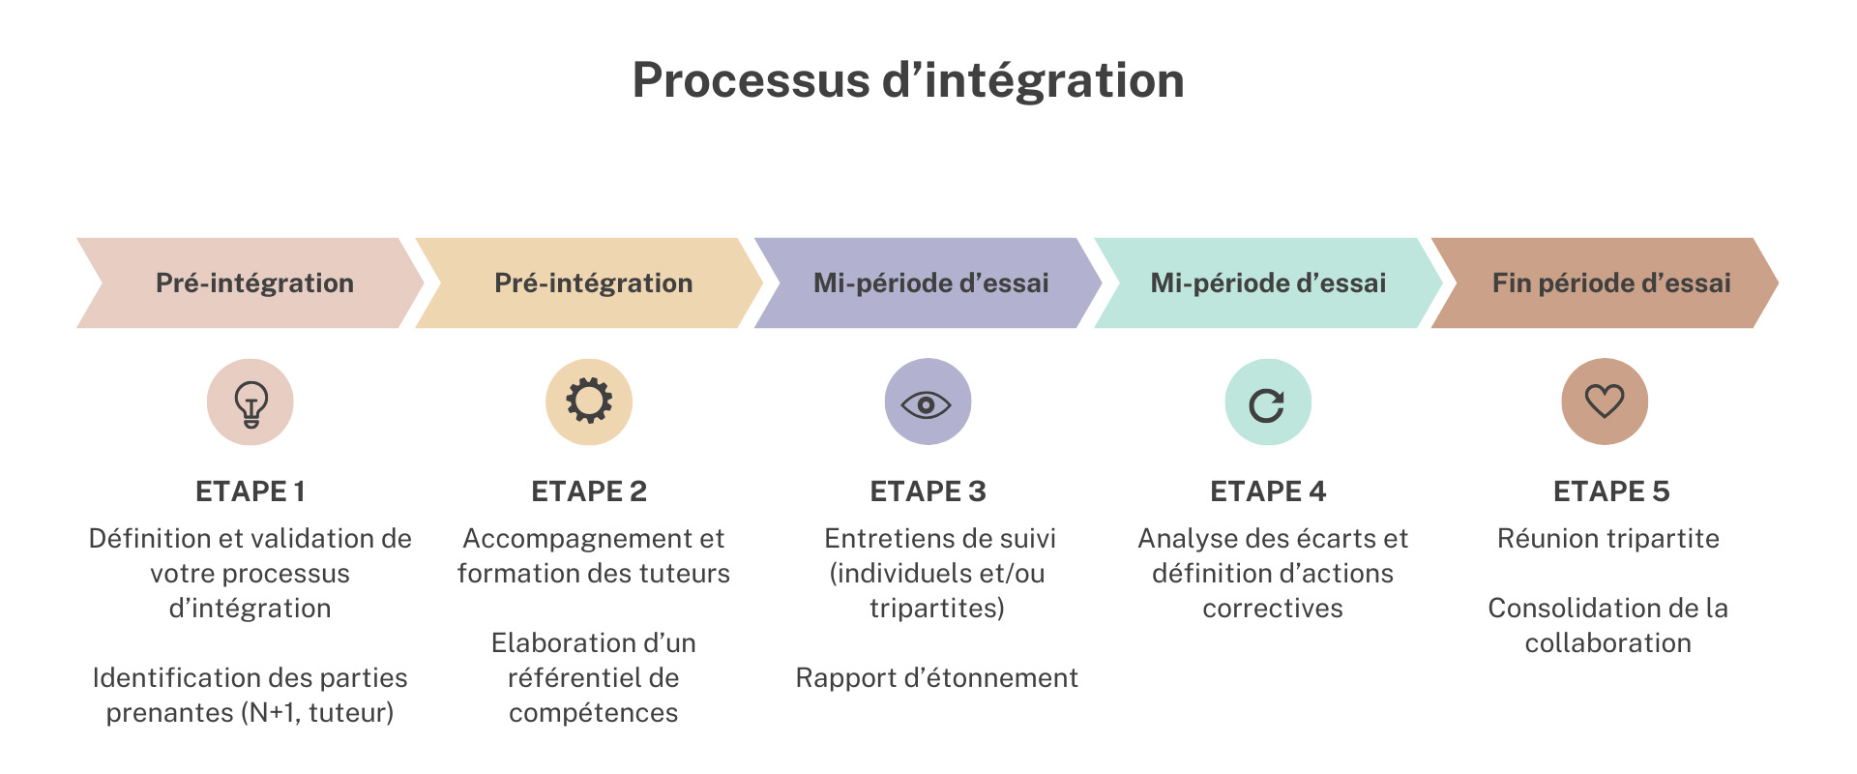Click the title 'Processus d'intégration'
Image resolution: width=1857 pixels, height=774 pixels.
coord(908,80)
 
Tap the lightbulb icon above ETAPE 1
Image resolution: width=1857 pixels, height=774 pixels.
coord(251,402)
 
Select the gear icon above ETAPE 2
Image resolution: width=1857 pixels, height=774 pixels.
coord(589,402)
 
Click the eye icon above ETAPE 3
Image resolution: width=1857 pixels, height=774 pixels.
coord(927,402)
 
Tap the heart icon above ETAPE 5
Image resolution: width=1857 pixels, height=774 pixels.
coord(1605,402)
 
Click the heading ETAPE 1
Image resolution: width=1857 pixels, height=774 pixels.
coord(251,491)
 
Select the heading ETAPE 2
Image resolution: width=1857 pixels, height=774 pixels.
coord(589,491)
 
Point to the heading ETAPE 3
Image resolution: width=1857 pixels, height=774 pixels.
coord(928,491)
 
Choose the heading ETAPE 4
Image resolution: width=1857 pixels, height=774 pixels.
coord(1268,491)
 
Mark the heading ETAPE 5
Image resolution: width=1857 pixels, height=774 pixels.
coord(1611,491)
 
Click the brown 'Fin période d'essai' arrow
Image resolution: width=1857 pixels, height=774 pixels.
coord(1610,283)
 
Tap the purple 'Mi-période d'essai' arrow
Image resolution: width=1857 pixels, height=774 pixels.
coord(930,283)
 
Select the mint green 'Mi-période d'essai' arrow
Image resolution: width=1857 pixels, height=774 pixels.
coord(1268,283)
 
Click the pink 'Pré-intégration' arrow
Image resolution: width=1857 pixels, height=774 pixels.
coord(254,283)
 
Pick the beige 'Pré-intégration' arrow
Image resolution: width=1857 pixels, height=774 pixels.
coord(593,283)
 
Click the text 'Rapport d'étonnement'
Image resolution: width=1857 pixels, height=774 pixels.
coord(936,678)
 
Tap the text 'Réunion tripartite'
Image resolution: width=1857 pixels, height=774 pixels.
coord(1608,539)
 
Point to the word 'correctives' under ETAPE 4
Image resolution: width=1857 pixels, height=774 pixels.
coord(1273,609)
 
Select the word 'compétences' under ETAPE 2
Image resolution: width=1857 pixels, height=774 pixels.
coord(593,713)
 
